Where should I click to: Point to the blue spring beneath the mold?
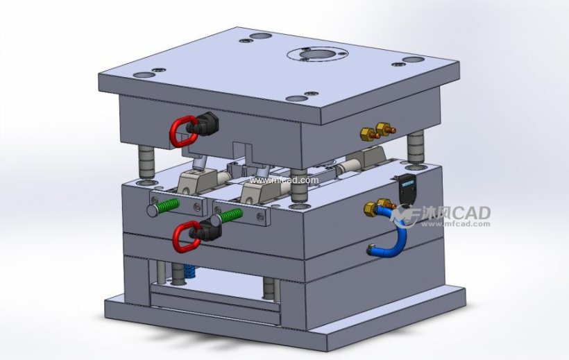[x=190, y=272]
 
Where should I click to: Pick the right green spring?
[x=231, y=216]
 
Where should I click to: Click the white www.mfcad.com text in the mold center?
[x=284, y=180]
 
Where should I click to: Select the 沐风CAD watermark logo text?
[x=455, y=213]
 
